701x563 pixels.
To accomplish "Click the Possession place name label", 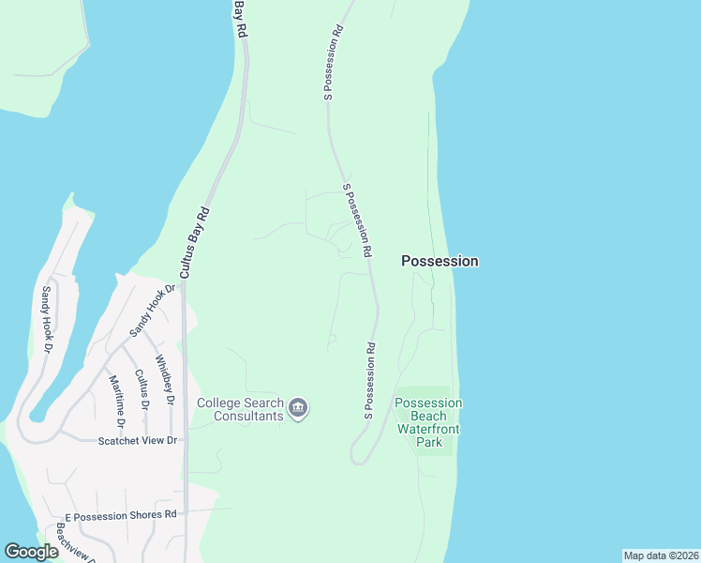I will click(440, 261).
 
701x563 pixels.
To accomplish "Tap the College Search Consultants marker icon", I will click(299, 408).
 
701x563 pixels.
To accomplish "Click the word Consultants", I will click(248, 416).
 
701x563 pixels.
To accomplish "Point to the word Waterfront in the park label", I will click(427, 428).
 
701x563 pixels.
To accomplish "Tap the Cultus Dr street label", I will click(142, 389).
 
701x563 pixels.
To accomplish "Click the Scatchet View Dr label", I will click(138, 440).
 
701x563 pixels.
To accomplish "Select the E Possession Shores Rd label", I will click(120, 515).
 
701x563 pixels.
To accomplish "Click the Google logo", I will click(31, 552).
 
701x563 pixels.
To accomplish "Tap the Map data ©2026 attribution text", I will click(661, 555).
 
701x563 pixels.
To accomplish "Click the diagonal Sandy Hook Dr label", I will click(153, 311).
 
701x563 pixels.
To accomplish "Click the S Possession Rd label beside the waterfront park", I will click(371, 380).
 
